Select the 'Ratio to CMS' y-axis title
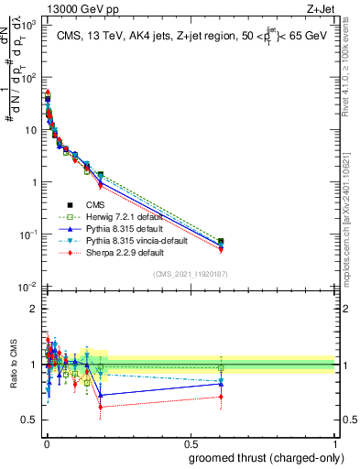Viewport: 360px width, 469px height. [x=12, y=365]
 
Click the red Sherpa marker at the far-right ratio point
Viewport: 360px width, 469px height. [x=245, y=397]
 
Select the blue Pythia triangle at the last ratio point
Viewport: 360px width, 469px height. [x=245, y=383]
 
